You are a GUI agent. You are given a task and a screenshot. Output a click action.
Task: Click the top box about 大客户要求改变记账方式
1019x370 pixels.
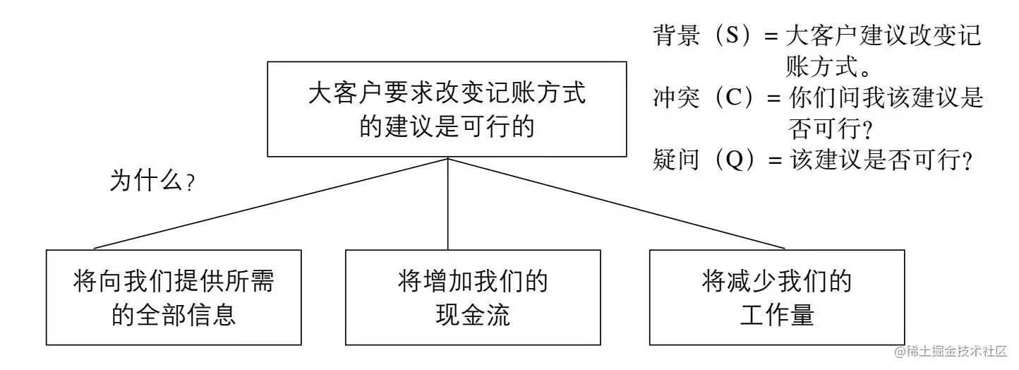[x=447, y=109]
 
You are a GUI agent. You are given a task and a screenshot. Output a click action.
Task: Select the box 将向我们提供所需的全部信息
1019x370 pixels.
[x=174, y=297]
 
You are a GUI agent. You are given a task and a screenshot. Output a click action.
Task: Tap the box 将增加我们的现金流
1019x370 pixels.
[x=473, y=297]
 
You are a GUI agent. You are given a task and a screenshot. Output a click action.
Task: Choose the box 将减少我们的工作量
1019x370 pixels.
[x=777, y=297]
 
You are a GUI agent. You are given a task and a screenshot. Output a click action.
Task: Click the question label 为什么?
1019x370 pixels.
[x=152, y=181]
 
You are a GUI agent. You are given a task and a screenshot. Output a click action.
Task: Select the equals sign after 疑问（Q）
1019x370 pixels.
[x=776, y=161]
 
